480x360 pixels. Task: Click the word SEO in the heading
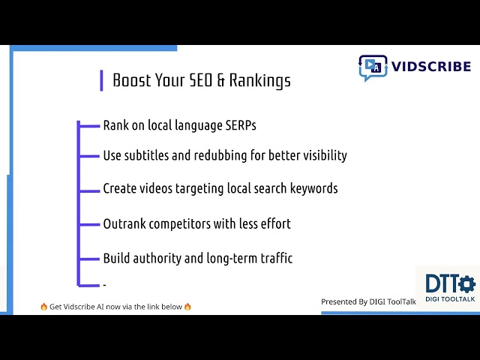point(198,80)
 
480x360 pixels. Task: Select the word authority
point(156,258)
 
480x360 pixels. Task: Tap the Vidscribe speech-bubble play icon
point(373,67)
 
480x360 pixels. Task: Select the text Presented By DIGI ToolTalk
point(368,301)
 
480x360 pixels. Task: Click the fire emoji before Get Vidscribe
point(44,307)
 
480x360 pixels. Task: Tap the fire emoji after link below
point(187,307)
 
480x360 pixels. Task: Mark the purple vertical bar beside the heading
point(101,80)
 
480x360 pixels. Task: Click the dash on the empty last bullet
point(104,285)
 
